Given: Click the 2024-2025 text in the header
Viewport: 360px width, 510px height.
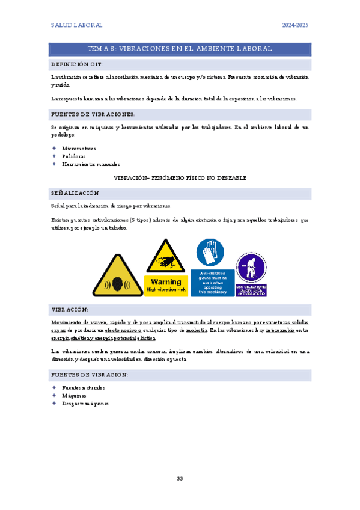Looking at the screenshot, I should (295, 25).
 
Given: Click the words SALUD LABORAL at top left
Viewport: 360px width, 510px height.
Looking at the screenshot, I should (76, 25).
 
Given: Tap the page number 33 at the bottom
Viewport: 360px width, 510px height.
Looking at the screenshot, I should (180, 478).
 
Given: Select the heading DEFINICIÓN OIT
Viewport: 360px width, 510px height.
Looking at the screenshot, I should (76, 64).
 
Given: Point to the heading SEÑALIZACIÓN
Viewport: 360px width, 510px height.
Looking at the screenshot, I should (75, 193).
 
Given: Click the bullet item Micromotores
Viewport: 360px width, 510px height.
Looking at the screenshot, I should (79, 148).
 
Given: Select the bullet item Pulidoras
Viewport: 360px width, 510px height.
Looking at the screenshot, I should (74, 156).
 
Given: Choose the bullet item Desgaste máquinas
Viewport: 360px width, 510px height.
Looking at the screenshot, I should (85, 404).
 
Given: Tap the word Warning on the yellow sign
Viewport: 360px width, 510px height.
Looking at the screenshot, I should (166, 281).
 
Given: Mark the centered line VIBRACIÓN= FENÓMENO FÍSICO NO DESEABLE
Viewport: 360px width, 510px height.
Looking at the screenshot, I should (180, 179).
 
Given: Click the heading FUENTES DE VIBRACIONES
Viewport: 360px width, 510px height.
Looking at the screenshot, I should (93, 114).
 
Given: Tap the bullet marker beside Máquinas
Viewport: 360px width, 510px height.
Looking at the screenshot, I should (54, 396).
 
